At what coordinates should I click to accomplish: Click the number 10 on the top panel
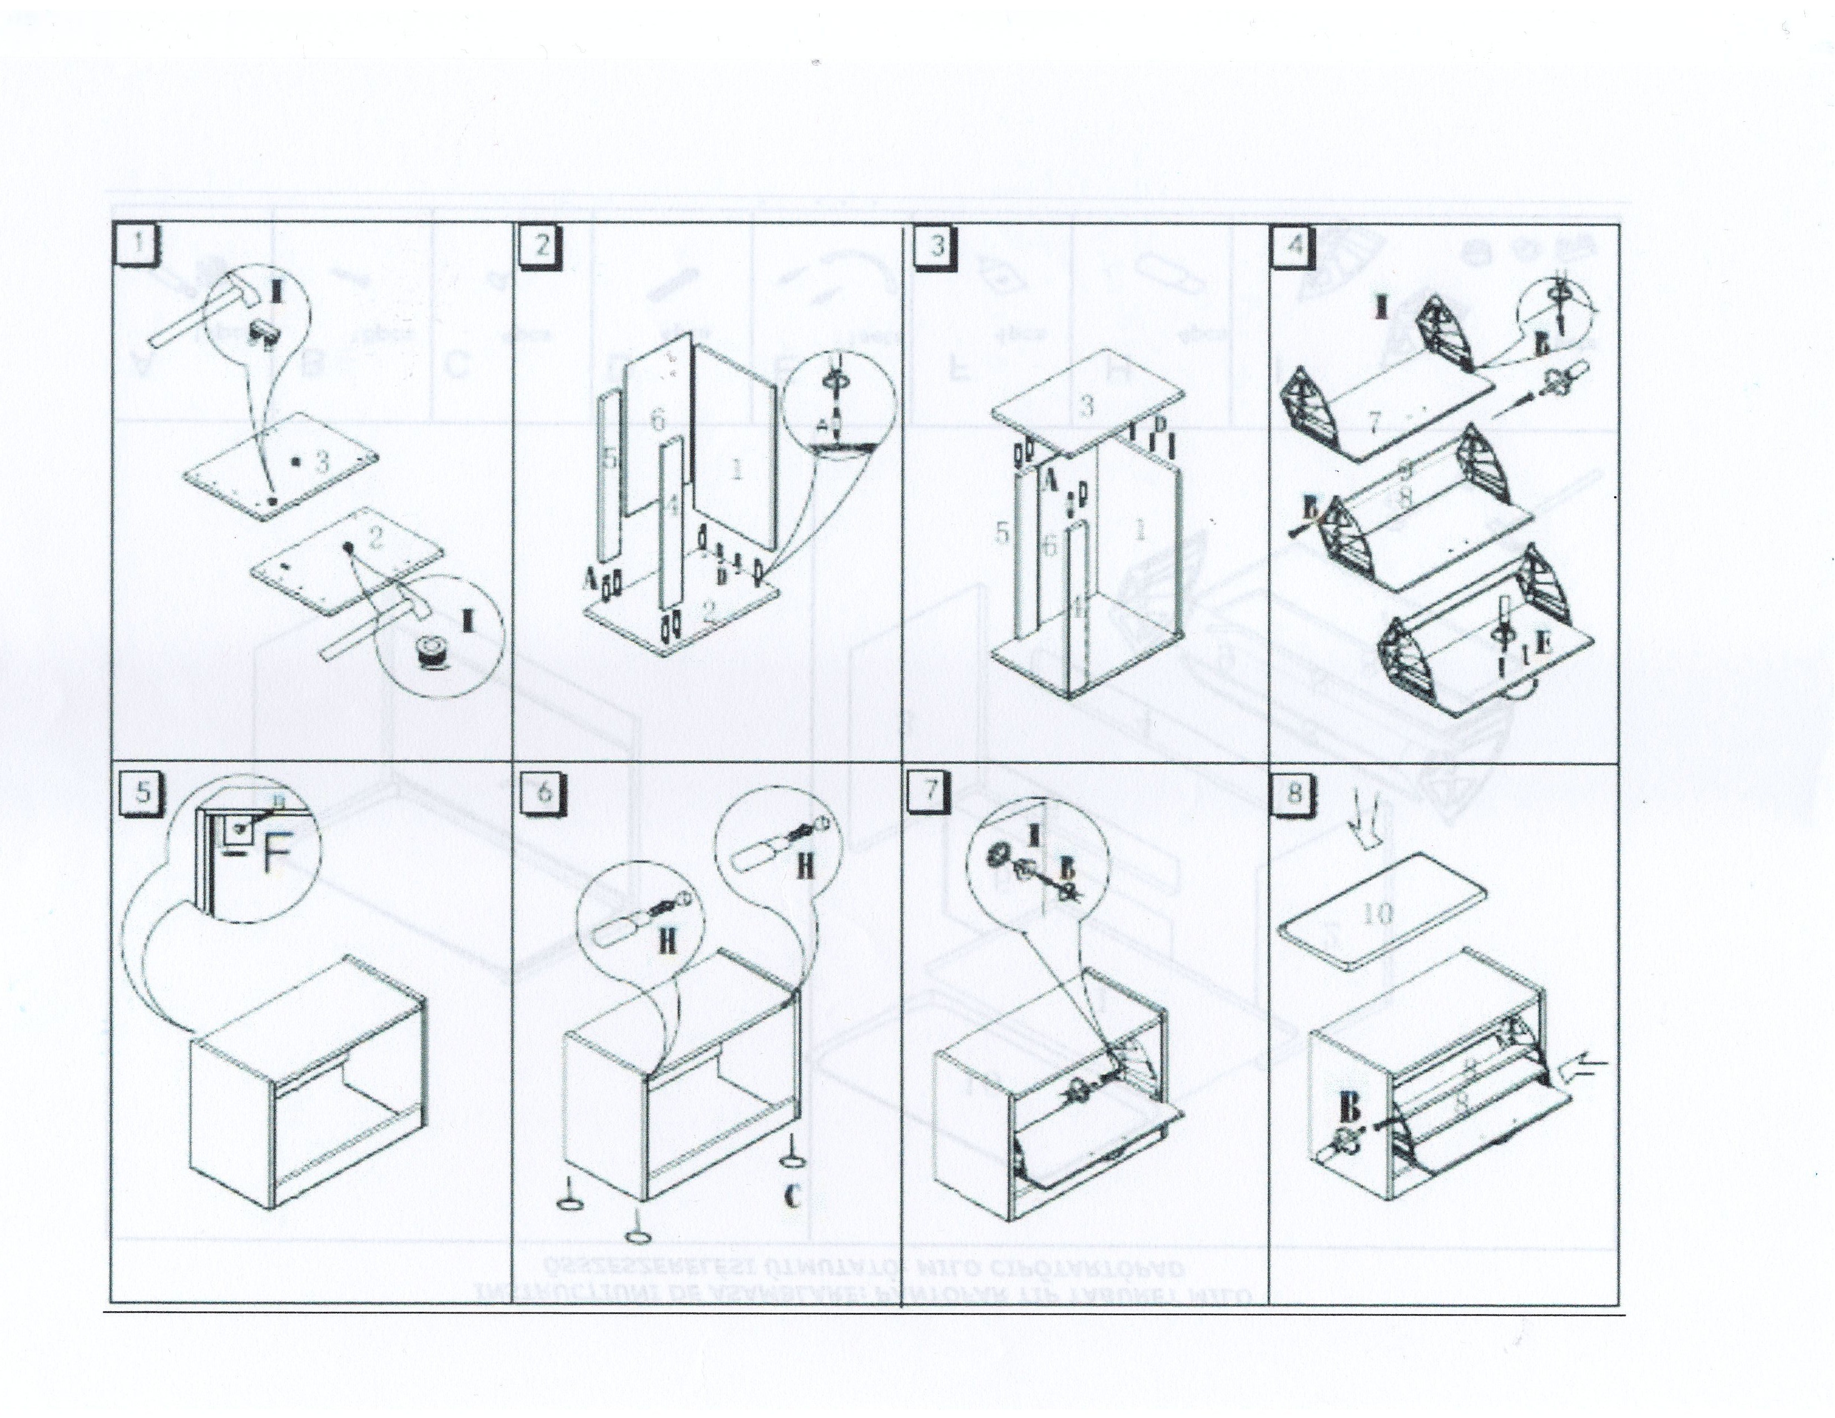point(1378,913)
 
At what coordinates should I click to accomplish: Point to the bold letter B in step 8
point(1350,1109)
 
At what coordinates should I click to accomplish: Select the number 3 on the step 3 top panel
point(1087,406)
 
